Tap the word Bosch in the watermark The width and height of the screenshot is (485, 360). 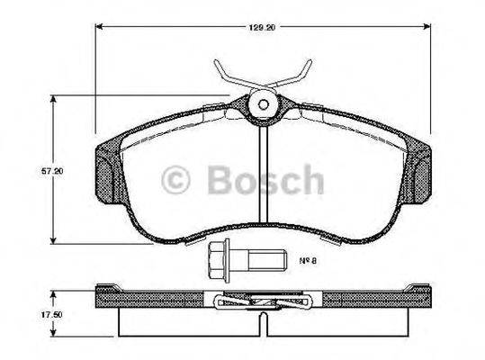(x=265, y=181)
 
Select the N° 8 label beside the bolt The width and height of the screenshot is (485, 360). (x=308, y=260)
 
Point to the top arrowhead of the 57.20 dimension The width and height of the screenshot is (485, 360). (x=57, y=97)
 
